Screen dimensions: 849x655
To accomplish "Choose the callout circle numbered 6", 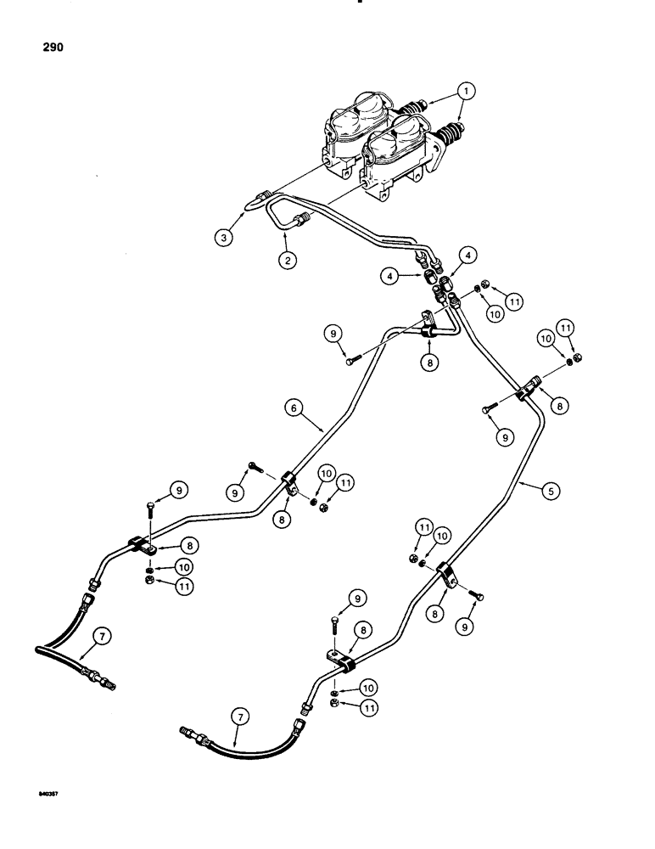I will [x=293, y=409].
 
